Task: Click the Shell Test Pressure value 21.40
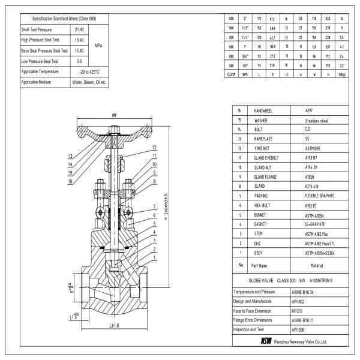pyautogui.click(x=79, y=29)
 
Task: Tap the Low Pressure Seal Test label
pyautogui.click(x=40, y=61)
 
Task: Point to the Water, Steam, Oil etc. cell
pyautogui.click(x=89, y=82)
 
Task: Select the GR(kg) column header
pyautogui.click(x=343, y=74)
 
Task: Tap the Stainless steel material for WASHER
pyautogui.click(x=317, y=120)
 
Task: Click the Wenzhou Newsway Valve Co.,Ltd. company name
pyautogui.click(x=299, y=341)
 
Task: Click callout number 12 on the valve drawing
pyautogui.click(x=154, y=147)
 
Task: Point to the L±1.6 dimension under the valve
pyautogui.click(x=116, y=325)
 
